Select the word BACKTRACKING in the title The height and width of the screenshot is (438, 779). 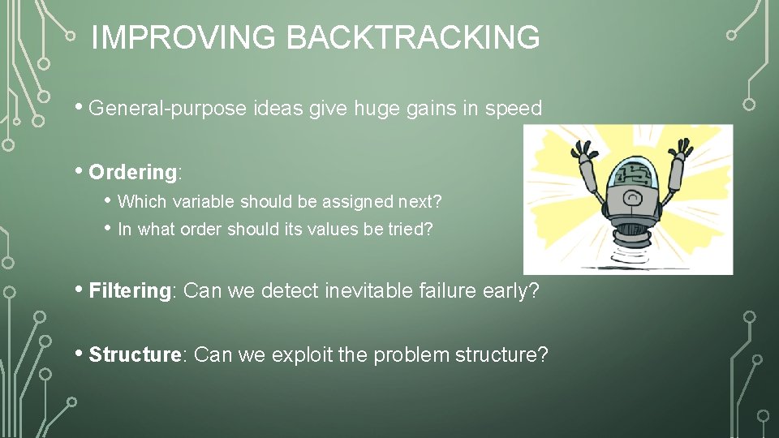point(413,37)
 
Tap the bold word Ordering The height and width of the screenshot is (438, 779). point(132,172)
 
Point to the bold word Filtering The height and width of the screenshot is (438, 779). point(129,290)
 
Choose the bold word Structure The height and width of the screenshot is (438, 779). point(134,354)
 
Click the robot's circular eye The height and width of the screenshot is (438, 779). point(628,197)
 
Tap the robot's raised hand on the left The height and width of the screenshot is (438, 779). point(582,151)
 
